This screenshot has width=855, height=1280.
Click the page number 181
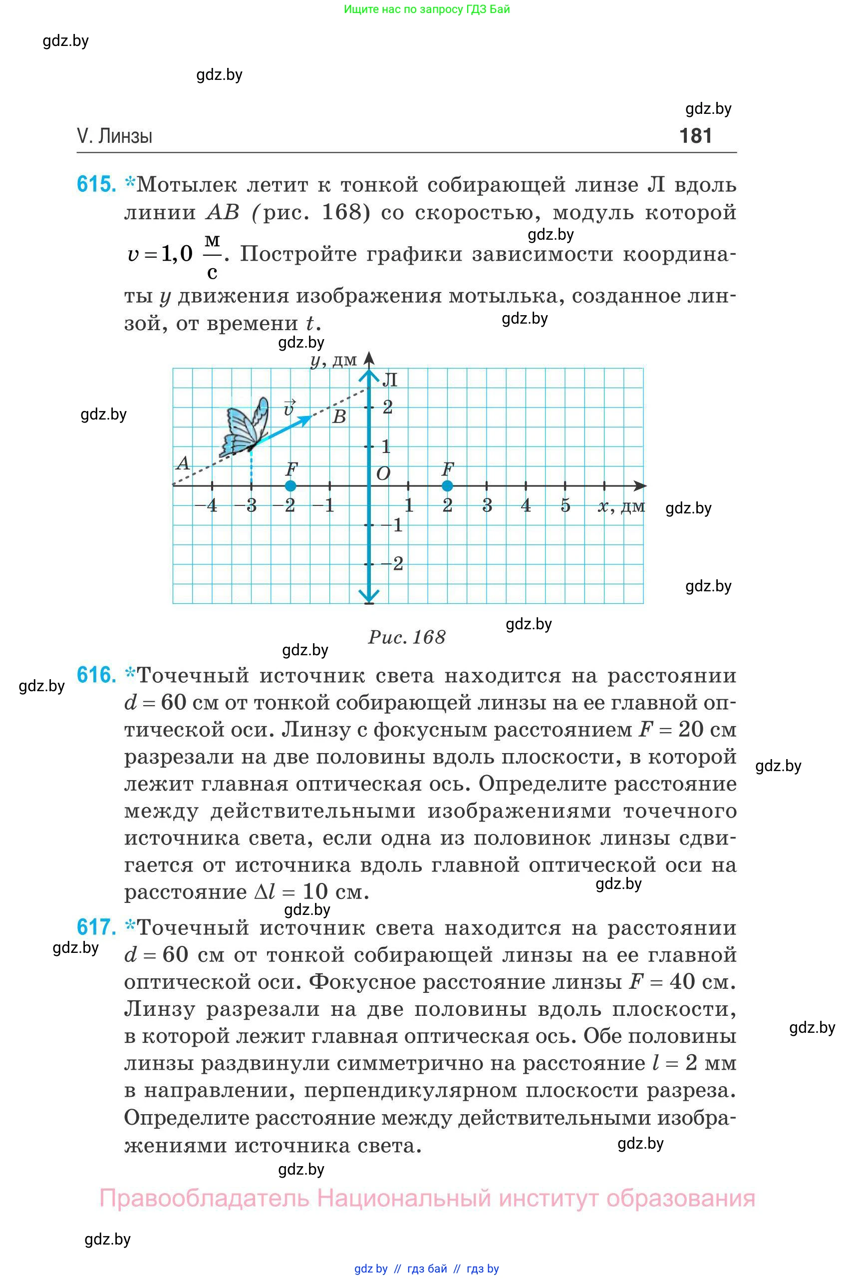click(x=695, y=136)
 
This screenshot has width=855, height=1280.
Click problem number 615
click(x=96, y=184)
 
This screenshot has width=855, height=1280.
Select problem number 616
click(x=96, y=675)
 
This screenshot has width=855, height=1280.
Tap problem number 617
click(x=96, y=927)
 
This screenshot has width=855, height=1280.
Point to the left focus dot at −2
click(x=290, y=485)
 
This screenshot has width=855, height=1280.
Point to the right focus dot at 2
click(x=447, y=485)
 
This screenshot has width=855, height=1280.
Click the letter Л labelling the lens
click(x=389, y=380)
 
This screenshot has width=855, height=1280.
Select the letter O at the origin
click(x=383, y=473)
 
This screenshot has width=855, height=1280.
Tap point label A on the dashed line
click(x=183, y=464)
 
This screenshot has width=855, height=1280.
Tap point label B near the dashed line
click(x=339, y=418)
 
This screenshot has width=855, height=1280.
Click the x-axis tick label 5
click(x=566, y=506)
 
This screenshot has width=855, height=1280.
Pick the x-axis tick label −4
click(x=206, y=506)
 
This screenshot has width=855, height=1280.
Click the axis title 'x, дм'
click(x=621, y=507)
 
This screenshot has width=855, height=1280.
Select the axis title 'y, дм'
click(x=334, y=360)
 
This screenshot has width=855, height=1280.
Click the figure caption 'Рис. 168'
click(x=407, y=637)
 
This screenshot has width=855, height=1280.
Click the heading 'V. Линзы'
click(x=114, y=136)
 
